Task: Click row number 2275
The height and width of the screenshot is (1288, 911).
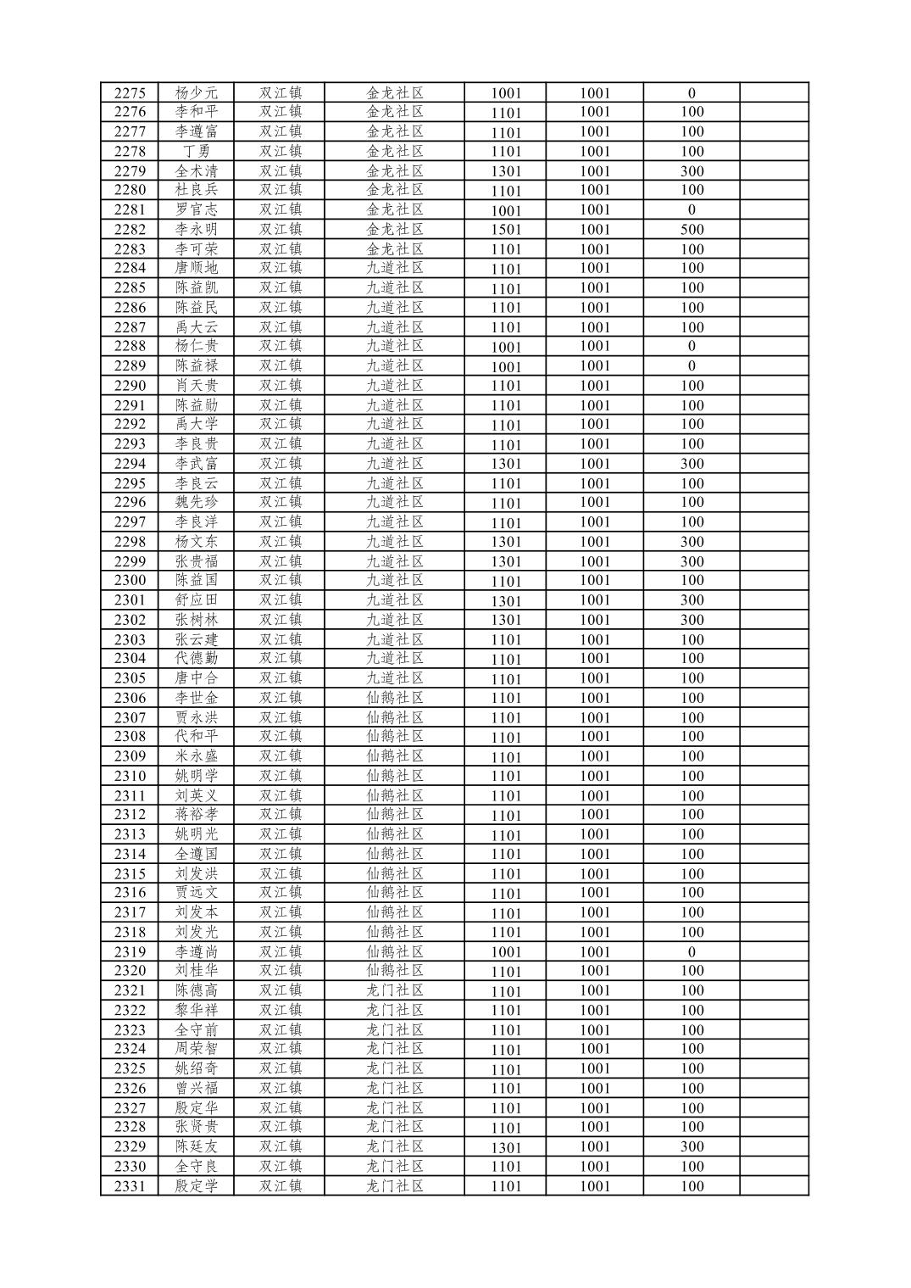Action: tap(130, 93)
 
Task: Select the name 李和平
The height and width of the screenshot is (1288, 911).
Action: tap(196, 112)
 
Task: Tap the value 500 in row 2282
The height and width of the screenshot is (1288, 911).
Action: tap(692, 230)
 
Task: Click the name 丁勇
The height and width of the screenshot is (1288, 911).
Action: tap(196, 152)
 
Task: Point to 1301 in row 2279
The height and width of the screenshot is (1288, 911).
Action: tap(506, 171)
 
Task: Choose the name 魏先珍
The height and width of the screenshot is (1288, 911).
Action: tap(196, 503)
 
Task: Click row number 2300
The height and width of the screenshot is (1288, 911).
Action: tap(130, 581)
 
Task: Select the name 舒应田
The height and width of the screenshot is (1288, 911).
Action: tap(196, 600)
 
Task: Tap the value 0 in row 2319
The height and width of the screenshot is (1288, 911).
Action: tap(692, 952)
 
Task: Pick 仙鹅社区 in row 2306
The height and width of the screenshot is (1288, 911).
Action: tap(394, 698)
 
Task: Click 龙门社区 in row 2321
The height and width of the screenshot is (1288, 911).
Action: tap(394, 990)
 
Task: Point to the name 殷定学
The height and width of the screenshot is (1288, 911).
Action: tap(196, 1186)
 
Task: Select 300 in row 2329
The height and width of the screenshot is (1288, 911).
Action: tap(692, 1147)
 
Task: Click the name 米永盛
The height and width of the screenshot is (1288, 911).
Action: tap(196, 756)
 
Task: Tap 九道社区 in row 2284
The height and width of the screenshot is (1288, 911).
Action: tap(394, 268)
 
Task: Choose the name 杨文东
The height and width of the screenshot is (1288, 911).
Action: tap(196, 542)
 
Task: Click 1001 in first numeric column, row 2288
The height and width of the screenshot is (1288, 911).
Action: tap(506, 347)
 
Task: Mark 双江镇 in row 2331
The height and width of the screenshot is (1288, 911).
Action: tap(281, 1186)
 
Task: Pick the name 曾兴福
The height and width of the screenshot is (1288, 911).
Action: tap(196, 1089)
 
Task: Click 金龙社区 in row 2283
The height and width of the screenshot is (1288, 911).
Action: tap(394, 249)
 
